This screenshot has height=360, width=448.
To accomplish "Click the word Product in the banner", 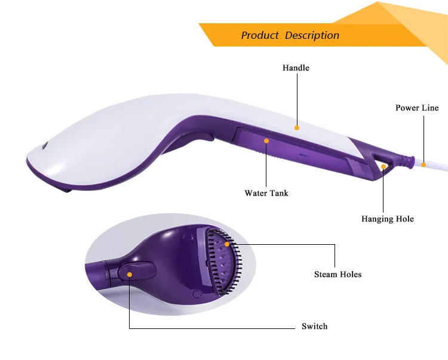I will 260,35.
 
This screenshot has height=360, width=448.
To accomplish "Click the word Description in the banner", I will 312,35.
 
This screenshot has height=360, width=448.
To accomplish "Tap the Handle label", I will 296,68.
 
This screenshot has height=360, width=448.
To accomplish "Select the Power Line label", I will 417,108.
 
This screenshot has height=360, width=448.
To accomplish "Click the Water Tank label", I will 266,193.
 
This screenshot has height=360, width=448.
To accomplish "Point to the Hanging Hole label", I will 387,219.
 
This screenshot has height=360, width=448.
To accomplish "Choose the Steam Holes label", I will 337,275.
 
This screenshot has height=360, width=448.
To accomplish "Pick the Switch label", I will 314,327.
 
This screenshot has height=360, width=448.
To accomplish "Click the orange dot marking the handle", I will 296,127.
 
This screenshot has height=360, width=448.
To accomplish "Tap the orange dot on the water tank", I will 266,141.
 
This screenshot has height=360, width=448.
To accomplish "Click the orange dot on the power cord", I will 424,164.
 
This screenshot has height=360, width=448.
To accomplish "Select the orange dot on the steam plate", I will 227,244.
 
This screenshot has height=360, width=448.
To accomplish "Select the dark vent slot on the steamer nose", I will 45,146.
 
